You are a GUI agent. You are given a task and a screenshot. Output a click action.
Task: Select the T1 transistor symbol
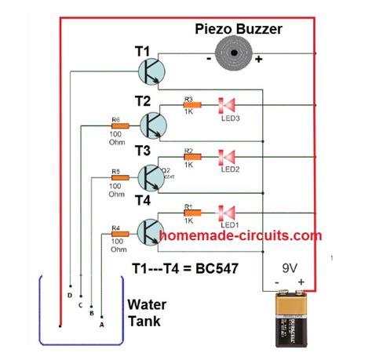pos(151,72)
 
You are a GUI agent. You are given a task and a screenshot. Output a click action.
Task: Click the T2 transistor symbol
pos(153,124)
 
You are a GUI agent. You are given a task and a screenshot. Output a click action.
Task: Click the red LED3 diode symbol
pos(228,104)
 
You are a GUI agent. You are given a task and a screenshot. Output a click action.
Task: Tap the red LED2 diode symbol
pos(228,157)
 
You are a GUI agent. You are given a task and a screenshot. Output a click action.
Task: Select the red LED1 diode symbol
pos(228,211)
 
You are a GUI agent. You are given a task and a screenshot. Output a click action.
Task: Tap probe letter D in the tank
pos(70,295)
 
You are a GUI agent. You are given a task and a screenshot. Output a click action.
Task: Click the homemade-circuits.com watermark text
pos(240,235)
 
